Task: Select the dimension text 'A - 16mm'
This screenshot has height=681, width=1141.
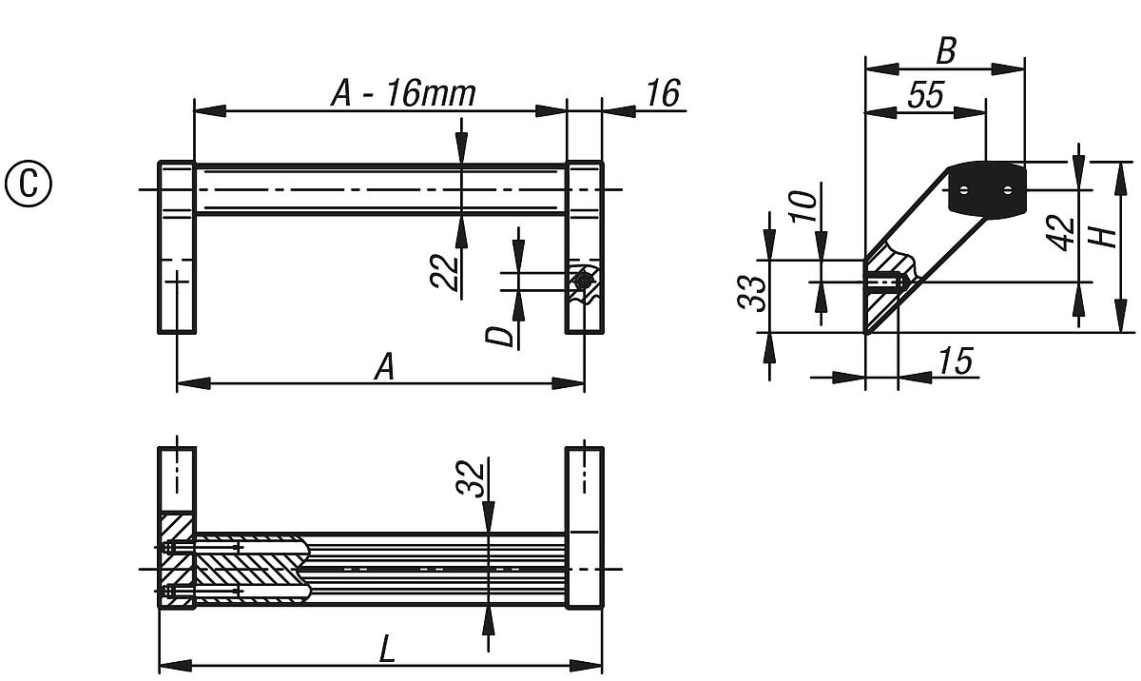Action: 402,93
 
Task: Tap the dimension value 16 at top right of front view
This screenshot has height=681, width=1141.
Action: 663,93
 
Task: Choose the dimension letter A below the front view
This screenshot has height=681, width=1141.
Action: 383,366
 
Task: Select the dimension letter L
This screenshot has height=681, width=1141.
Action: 387,650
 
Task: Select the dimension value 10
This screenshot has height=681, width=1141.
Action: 803,204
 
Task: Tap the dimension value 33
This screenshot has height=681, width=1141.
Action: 751,293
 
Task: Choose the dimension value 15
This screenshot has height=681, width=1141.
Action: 955,361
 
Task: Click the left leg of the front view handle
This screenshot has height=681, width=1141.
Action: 177,247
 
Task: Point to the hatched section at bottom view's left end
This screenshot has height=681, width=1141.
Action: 177,561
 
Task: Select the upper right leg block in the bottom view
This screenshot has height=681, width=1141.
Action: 584,480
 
